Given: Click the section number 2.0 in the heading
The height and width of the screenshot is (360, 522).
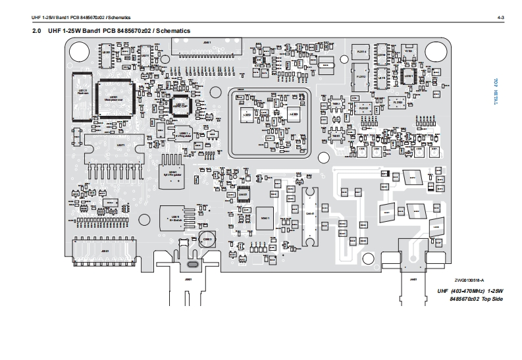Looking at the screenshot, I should click(x=38, y=31).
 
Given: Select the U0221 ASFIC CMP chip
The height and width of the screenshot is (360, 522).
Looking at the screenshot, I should click(x=179, y=104).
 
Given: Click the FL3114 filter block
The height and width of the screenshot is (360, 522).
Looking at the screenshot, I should click(x=361, y=53).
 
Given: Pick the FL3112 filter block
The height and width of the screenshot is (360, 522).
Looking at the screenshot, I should click(x=361, y=76).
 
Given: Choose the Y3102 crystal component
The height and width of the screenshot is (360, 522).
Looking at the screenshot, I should click(x=408, y=51).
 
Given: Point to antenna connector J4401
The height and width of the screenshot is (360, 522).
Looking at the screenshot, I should click(x=413, y=280).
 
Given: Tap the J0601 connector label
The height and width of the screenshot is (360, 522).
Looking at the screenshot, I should click(x=189, y=279).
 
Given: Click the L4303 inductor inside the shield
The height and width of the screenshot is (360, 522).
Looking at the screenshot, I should click(x=248, y=115).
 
